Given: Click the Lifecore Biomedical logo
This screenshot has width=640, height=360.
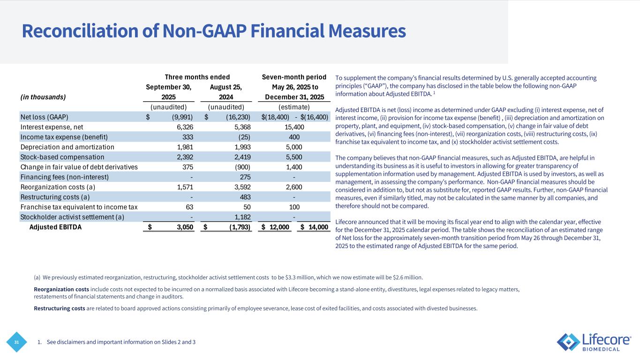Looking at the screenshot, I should point(594,342).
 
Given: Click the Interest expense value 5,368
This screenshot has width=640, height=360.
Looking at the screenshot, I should point(241,127).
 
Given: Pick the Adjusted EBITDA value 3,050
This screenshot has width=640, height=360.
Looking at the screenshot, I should point(184,227).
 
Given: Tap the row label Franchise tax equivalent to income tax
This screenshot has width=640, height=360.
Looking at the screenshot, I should point(79,207).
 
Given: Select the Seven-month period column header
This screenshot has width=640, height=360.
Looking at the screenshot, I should point(294,77).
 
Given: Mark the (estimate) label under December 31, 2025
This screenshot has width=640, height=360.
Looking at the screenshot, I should point(294,107).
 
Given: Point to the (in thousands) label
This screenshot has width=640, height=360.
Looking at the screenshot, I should point(43,97).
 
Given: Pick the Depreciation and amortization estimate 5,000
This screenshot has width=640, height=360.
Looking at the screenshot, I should point(294,147).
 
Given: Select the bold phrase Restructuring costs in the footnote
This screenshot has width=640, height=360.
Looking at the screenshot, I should point(60,308).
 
